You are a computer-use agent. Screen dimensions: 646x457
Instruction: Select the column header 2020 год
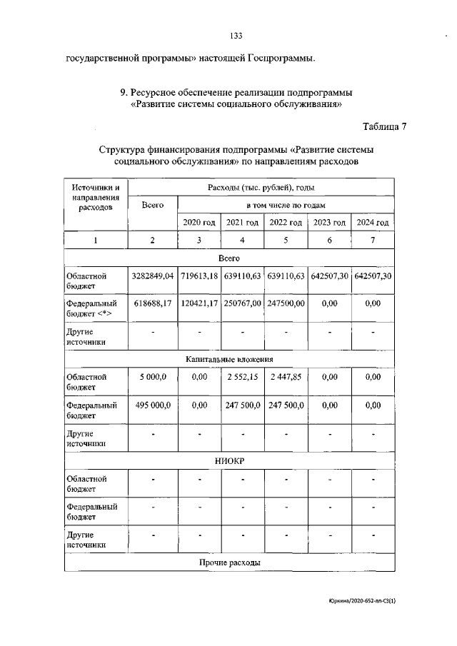pos(199,223)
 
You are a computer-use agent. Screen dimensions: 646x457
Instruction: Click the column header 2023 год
pos(329,223)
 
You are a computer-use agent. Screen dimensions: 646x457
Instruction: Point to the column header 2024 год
pos(373,223)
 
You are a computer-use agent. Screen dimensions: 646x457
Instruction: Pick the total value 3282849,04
pos(152,276)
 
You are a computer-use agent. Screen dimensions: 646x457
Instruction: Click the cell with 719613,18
pos(199,276)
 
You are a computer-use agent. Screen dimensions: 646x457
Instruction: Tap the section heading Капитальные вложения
pos(228,359)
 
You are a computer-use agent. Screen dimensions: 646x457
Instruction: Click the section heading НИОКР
pos(228,461)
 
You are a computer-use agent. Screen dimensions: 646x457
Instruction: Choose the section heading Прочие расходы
pos(228,562)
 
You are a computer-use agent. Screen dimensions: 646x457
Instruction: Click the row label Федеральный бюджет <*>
pos(91,308)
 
